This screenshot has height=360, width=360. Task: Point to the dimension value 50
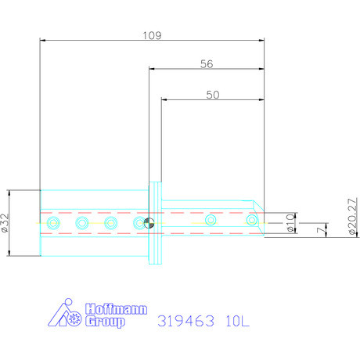(211, 94)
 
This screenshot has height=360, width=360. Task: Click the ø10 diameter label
(290, 222)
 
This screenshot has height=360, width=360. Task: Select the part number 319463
(186, 320)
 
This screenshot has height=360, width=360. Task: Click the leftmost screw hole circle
(52, 223)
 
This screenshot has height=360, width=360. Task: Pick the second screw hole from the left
(82, 223)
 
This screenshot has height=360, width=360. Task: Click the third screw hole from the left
(112, 223)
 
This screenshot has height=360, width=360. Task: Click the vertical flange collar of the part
(155, 223)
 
